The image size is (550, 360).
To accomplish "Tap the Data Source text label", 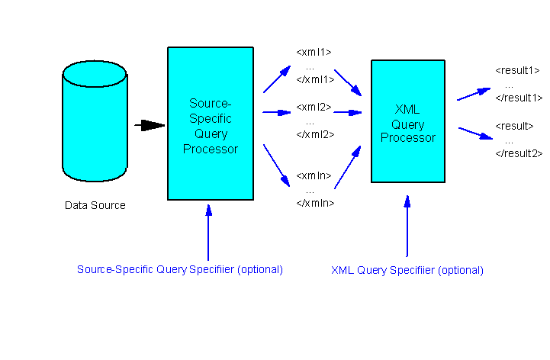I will [95, 205].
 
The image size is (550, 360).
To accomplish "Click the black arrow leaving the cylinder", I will [151, 125].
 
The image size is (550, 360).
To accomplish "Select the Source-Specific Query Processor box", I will [211, 124].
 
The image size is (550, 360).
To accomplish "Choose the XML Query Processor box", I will [407, 121].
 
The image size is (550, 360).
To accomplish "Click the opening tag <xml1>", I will [314, 52].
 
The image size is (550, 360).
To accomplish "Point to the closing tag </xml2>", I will [315, 134].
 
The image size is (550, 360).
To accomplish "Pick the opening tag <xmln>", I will [314, 175].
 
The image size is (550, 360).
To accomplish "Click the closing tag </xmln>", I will [315, 203].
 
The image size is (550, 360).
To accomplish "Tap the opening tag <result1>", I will [518, 70].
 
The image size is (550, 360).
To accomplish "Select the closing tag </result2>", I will [519, 153].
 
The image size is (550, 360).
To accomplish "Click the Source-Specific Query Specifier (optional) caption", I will [180, 269].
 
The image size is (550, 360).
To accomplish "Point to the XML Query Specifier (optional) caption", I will [407, 270].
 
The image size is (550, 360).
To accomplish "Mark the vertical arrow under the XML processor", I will [407, 225].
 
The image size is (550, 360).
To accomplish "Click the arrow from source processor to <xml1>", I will [277, 79].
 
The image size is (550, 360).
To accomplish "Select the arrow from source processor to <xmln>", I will [277, 165].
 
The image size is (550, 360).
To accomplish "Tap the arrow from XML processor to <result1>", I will [474, 94].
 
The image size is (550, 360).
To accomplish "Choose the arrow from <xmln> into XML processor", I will [348, 166].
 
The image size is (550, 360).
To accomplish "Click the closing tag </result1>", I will [519, 98].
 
